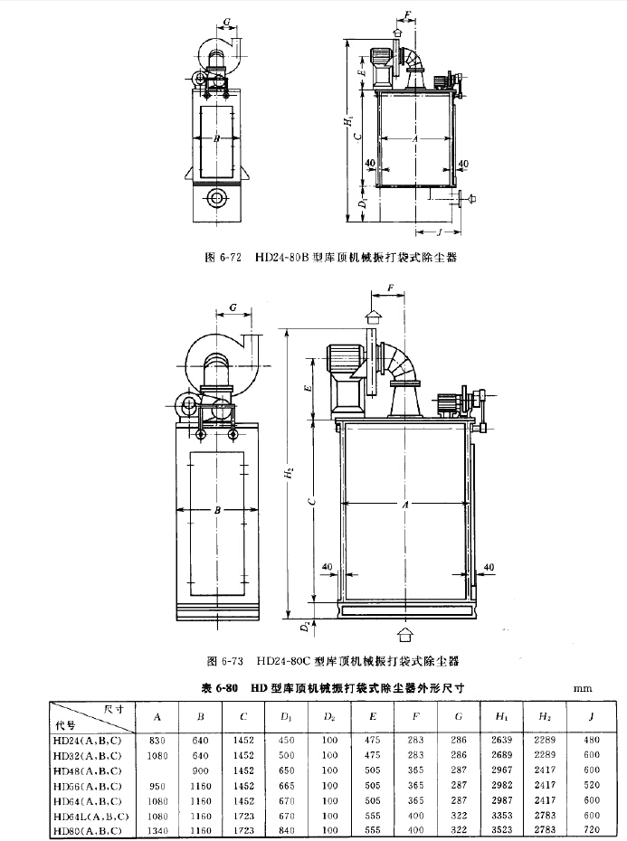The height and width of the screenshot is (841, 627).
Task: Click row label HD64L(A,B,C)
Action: coord(90,816)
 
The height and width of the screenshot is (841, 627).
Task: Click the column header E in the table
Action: coord(371,718)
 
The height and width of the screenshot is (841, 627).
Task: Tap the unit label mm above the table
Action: coord(582,688)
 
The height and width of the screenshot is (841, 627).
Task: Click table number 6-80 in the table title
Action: coord(226,688)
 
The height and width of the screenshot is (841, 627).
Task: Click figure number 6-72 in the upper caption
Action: coord(233,257)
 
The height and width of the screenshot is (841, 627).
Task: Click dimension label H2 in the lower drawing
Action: coord(288,472)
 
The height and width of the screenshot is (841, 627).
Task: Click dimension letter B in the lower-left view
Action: coord(217,510)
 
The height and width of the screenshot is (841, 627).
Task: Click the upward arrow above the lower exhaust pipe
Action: coord(372,314)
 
